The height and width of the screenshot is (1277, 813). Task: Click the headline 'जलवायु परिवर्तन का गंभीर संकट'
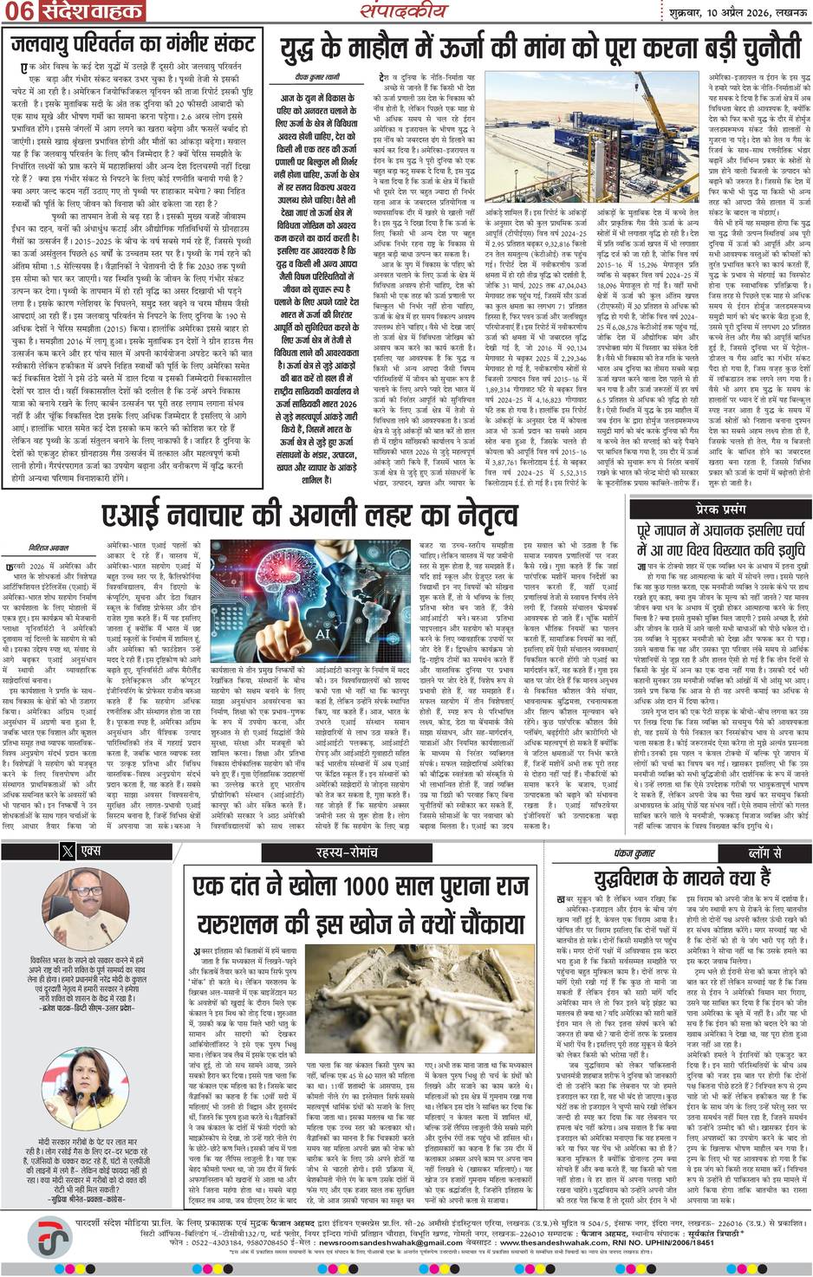point(131,43)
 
